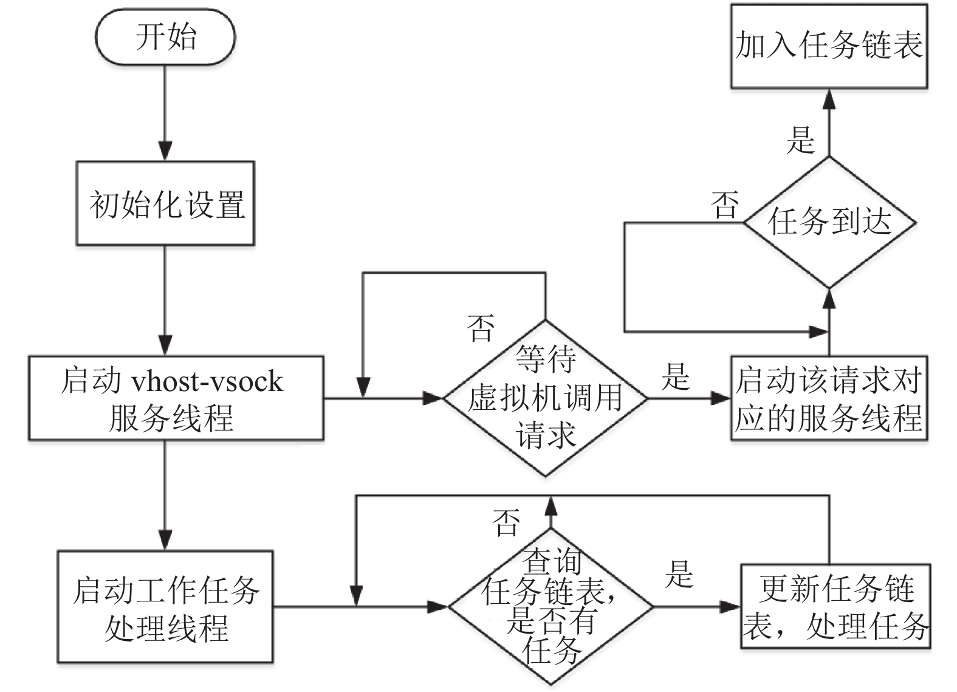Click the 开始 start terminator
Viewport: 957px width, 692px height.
tap(165, 37)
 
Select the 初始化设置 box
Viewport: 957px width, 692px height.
tap(165, 203)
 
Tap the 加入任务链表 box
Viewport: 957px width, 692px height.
tap(829, 46)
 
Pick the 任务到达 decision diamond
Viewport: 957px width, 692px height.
tap(829, 223)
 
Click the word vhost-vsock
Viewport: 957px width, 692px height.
tap(208, 381)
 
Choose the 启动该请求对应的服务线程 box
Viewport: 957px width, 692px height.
tap(829, 398)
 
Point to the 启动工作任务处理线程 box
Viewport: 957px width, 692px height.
tap(165, 606)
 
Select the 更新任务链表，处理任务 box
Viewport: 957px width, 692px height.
tap(835, 606)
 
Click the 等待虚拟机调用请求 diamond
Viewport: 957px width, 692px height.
tap(545, 398)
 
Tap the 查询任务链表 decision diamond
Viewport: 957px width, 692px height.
tap(551, 606)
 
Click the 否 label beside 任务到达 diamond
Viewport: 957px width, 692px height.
tap(724, 206)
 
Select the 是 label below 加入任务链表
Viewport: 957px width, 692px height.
tap(801, 140)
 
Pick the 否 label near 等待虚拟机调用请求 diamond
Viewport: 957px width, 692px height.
tap(481, 328)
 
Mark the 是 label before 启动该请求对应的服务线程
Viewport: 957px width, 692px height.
tap(676, 377)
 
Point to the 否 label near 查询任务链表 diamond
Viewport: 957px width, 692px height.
tap(506, 522)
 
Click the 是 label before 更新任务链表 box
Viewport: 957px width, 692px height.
tap(679, 575)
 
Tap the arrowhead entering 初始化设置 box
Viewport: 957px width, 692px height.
tap(165, 151)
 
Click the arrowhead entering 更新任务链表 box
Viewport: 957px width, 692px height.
tap(730, 606)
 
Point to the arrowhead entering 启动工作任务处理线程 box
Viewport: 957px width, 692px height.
tap(165, 541)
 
